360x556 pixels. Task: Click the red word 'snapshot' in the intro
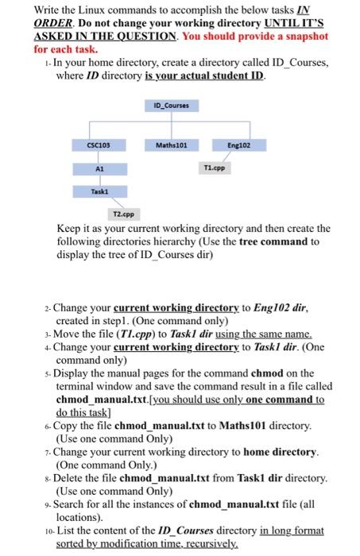(299, 37)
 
